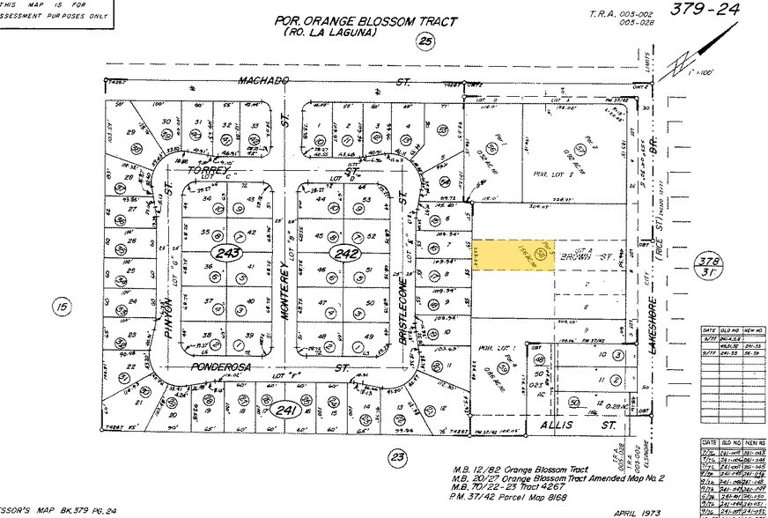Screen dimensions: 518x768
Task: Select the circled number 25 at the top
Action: click(x=426, y=41)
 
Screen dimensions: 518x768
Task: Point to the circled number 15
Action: click(x=61, y=307)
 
